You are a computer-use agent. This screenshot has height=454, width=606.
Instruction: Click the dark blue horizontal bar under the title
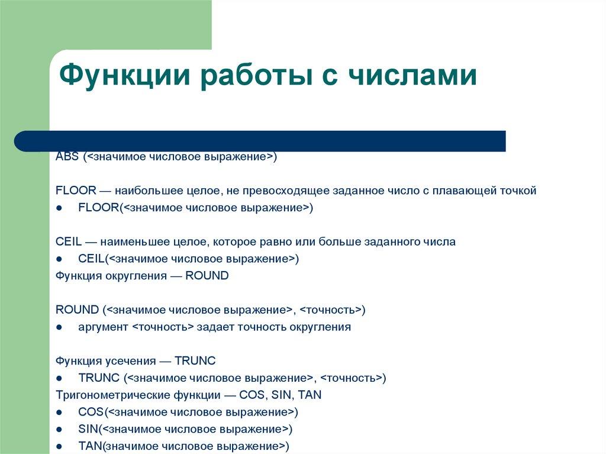pos(260,141)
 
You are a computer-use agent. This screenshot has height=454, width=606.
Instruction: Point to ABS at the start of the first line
pos(67,157)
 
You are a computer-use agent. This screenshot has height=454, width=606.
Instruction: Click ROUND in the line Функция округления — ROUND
pos(207,276)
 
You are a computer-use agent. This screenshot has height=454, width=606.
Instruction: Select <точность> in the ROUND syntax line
pos(330,310)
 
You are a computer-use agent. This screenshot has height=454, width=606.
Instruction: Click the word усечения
pos(128,360)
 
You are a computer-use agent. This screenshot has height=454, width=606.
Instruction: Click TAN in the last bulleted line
pos(89,446)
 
